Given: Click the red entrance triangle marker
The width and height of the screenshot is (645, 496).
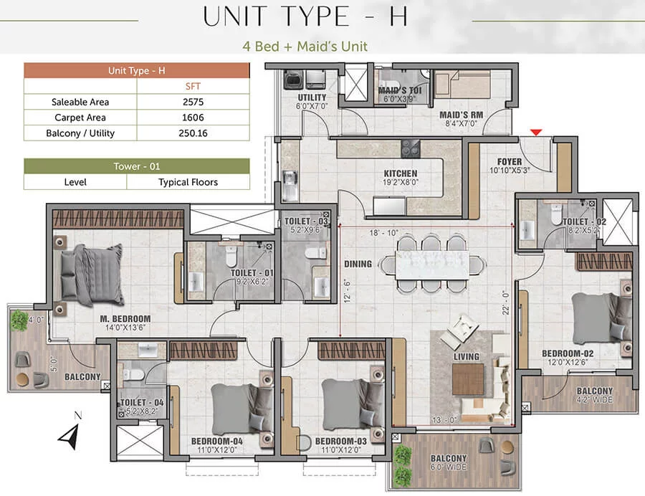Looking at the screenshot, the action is tap(535, 132).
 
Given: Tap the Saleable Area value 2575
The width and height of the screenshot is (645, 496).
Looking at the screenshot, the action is tap(193, 102).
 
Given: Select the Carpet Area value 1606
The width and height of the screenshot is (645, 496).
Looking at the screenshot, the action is tap(193, 118).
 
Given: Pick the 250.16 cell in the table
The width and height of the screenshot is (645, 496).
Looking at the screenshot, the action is tap(193, 133).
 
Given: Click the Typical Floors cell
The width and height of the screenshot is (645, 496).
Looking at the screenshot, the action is tap(188, 182).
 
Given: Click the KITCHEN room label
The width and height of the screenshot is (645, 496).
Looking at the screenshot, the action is tap(400, 173).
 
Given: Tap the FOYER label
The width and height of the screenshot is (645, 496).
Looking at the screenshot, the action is tap(510, 162).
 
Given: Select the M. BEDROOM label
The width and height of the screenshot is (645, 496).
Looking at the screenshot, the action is tap(125, 319).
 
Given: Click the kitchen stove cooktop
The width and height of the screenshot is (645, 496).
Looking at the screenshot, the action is tap(410, 148).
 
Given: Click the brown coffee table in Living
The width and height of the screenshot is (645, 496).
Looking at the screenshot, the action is tap(468, 379).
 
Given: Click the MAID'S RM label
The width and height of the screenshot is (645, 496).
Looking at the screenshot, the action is tap(461, 115).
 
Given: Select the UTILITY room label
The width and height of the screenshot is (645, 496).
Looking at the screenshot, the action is tap(312, 97).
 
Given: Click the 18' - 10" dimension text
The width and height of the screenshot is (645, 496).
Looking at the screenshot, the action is tap(383, 233).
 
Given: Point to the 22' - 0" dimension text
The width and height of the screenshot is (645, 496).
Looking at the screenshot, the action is tap(505, 302).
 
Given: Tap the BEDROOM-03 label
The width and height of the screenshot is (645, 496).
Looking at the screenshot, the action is tap(340, 442).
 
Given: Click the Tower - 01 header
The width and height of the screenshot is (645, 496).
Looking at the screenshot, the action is tap(137, 166).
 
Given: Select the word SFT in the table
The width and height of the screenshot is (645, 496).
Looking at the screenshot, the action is tap(193, 86).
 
